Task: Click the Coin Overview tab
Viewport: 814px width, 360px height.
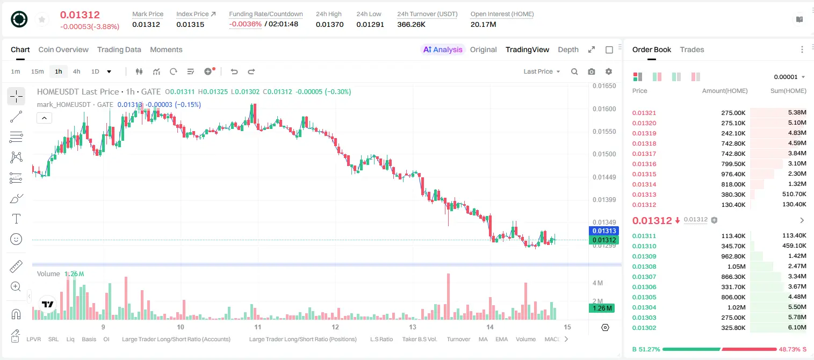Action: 63,49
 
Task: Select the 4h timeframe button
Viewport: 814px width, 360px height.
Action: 76,71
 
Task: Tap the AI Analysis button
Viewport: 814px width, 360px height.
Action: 443,49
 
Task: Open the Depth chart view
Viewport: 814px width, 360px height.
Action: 568,49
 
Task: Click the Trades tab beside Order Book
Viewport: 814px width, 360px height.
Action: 692,49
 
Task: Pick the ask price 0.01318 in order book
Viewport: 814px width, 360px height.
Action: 644,143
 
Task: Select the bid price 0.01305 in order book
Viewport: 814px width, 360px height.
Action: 644,297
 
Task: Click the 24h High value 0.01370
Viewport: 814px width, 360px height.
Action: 329,24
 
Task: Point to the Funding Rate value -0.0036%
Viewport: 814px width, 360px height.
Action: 246,24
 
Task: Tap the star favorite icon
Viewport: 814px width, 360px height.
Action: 42,19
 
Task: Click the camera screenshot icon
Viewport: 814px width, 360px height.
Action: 592,71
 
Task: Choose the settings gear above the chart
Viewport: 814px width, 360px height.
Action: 609,71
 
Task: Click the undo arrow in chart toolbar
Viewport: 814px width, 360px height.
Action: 234,71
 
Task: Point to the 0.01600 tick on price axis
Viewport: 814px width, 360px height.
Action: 604,109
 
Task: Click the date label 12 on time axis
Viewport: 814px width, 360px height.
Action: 335,327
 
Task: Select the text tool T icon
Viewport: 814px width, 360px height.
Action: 16,219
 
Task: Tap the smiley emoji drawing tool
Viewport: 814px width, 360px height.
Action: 16,239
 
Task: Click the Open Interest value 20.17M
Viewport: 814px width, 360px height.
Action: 484,24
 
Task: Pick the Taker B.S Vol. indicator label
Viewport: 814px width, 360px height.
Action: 419,339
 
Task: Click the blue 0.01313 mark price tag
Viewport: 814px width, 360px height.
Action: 604,231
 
